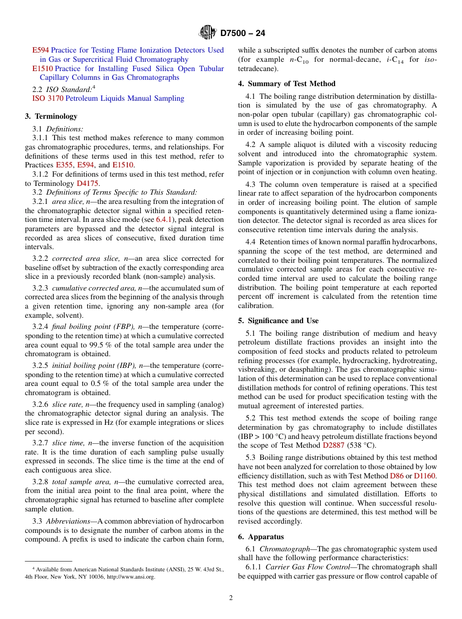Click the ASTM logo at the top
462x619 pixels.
point(208,33)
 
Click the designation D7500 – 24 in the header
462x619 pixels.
point(243,34)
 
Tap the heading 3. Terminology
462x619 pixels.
point(51,116)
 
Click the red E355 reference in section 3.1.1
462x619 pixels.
point(64,165)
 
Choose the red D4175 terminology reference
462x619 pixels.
point(88,183)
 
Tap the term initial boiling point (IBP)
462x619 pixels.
point(94,365)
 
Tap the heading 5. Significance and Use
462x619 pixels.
point(278,321)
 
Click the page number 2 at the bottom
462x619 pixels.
point(231,598)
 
